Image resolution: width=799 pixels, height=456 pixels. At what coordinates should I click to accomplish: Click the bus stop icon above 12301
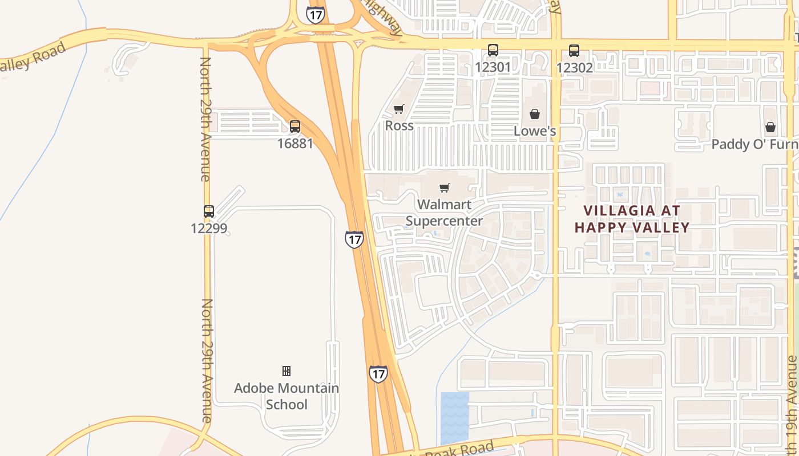(x=493, y=50)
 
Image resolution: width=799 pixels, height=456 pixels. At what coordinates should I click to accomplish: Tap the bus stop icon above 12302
(x=574, y=50)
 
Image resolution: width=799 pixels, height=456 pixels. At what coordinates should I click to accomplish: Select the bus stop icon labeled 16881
(x=295, y=127)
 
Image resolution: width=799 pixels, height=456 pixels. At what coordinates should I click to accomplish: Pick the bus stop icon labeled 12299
(x=209, y=211)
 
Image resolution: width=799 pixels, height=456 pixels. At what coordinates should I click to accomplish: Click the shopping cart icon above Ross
(x=399, y=109)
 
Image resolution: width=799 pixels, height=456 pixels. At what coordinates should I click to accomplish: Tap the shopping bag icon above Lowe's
(x=535, y=114)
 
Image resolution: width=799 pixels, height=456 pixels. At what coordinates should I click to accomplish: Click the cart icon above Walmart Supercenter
(x=445, y=188)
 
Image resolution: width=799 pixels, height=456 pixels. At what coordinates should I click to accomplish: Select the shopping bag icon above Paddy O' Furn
(x=770, y=127)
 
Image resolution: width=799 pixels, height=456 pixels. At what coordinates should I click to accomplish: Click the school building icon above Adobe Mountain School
(x=286, y=371)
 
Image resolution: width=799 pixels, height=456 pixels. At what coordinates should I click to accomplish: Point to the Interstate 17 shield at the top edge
(x=315, y=14)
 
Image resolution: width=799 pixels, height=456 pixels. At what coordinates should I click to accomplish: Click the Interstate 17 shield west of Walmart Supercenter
(x=354, y=239)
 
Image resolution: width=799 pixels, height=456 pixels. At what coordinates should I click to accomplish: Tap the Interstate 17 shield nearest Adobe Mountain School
(x=378, y=374)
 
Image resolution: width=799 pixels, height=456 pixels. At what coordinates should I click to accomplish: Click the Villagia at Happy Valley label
(x=632, y=219)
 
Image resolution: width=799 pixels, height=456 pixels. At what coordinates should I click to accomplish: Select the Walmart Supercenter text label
(x=444, y=213)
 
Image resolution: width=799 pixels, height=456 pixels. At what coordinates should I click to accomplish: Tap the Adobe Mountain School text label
(x=286, y=396)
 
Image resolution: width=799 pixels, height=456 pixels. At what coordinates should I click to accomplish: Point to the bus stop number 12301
(x=493, y=67)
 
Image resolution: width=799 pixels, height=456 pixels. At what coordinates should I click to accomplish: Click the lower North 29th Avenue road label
(x=207, y=360)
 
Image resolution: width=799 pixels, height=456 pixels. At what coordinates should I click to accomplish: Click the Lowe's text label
(x=535, y=131)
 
